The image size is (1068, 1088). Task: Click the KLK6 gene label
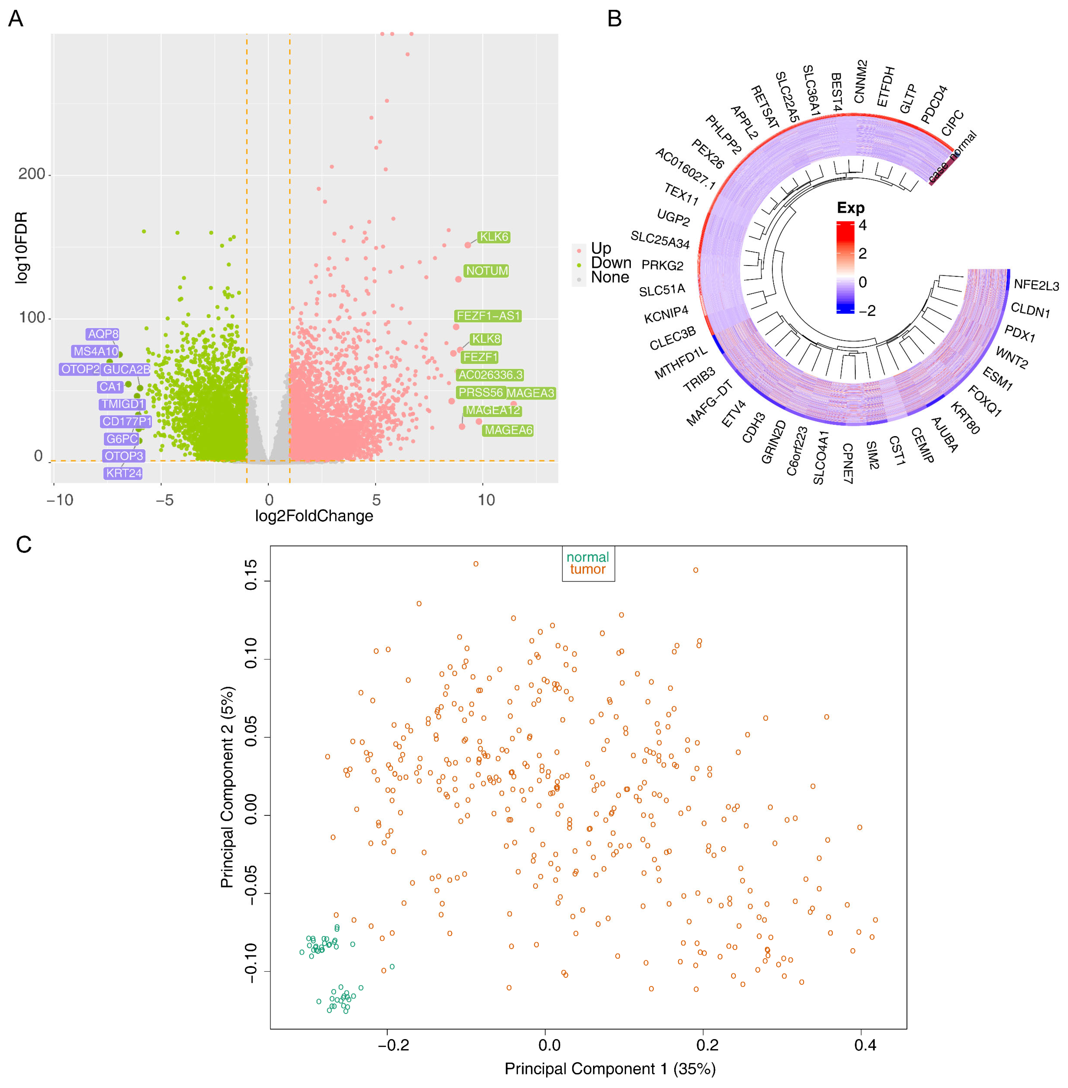pos(494,237)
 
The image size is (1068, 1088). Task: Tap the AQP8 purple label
pos(103,334)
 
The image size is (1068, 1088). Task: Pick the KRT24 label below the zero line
pos(124,473)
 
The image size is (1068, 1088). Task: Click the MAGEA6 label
pos(508,430)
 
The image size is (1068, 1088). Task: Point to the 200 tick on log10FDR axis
pos(31,174)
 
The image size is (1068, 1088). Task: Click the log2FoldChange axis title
pos(314,516)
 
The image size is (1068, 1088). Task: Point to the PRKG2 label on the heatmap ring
pos(663,265)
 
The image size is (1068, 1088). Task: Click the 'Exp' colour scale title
pos(850,208)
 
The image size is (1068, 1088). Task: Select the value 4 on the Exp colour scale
pos(862,225)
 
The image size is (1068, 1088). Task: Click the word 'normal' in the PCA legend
pos(587,557)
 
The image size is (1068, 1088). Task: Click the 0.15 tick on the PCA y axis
pos(251,574)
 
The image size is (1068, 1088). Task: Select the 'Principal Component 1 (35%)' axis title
pos(610,1069)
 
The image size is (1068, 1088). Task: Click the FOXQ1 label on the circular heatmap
pos(984,401)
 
